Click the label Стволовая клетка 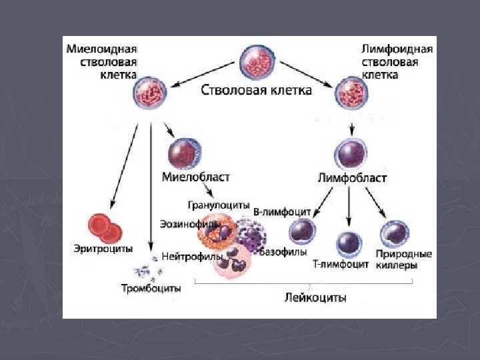point(257,89)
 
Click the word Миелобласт point(196,177)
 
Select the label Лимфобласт point(351,179)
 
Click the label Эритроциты point(103,249)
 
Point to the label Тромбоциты point(151,288)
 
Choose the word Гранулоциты point(218,205)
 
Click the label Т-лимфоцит point(341,264)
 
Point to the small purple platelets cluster point(145,269)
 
